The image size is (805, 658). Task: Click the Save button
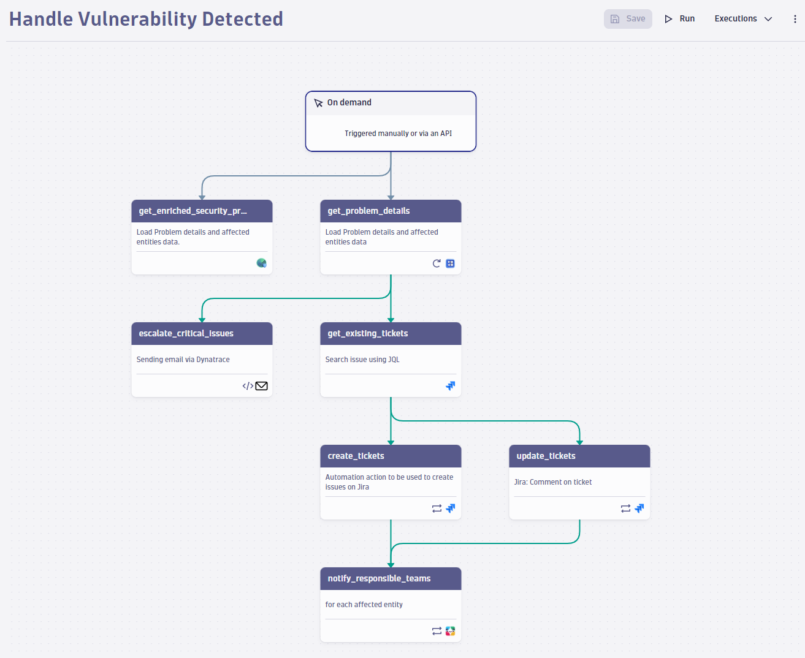[x=628, y=19]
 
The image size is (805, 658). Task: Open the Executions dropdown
[x=743, y=19]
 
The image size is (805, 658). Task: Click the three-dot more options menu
[x=795, y=19]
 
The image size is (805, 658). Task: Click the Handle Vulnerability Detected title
[x=146, y=19]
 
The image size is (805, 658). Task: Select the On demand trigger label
[x=349, y=102]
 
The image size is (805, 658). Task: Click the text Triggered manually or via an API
[x=398, y=134]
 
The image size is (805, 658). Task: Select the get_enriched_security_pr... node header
[x=202, y=211]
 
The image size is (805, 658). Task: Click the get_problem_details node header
[x=391, y=211]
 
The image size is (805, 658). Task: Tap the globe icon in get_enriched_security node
[x=261, y=263]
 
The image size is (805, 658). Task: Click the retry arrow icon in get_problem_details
[x=437, y=263]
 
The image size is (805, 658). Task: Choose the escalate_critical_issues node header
[x=202, y=333]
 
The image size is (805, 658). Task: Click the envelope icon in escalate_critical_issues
[x=261, y=386]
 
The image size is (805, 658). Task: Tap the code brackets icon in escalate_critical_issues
[x=248, y=386]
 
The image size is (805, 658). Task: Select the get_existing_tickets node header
[x=391, y=333]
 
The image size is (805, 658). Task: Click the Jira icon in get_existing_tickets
[x=451, y=386]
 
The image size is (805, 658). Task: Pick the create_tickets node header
[x=391, y=456]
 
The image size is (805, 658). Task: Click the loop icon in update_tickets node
[x=625, y=509]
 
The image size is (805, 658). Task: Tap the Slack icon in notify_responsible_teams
[x=451, y=631]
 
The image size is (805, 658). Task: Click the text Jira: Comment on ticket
[x=552, y=482]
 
